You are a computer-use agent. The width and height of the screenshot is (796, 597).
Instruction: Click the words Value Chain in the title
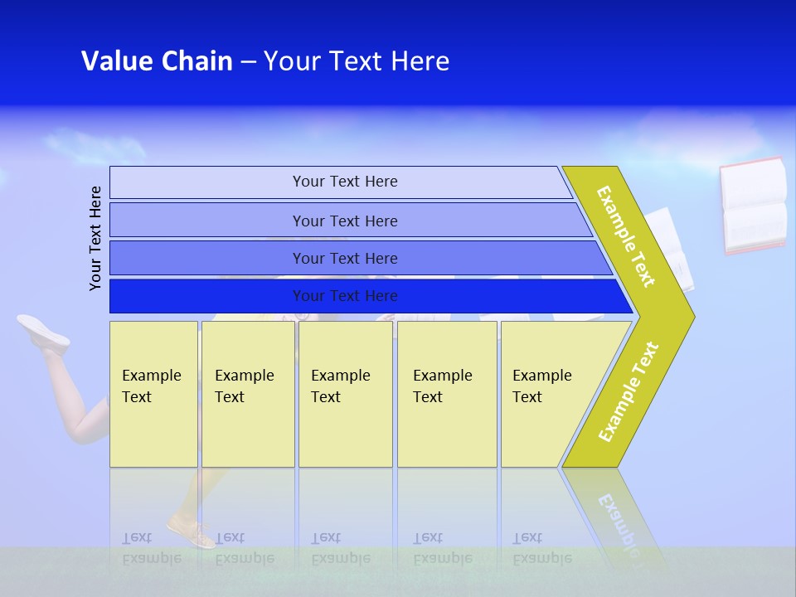pyautogui.click(x=157, y=61)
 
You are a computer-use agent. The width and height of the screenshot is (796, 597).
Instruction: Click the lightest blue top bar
pyautogui.click(x=344, y=182)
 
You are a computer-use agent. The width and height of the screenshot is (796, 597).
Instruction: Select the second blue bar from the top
pyautogui.click(x=344, y=221)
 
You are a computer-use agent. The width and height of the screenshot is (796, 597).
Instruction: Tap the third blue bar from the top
pyautogui.click(x=344, y=258)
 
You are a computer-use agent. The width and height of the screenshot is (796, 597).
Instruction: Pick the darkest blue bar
pyautogui.click(x=344, y=296)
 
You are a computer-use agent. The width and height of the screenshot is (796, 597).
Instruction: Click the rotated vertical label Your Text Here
pyautogui.click(x=95, y=238)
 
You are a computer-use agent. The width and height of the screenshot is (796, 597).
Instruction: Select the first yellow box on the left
pyautogui.click(x=153, y=394)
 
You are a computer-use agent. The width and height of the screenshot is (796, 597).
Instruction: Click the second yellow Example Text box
pyautogui.click(x=247, y=394)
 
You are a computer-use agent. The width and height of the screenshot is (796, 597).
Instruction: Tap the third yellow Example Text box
pyautogui.click(x=345, y=394)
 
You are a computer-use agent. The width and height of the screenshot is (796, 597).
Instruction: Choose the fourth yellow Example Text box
pyautogui.click(x=446, y=394)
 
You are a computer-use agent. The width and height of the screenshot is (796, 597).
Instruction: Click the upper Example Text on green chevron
pyautogui.click(x=627, y=236)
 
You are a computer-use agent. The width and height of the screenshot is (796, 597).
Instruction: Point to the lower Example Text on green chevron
pyautogui.click(x=629, y=391)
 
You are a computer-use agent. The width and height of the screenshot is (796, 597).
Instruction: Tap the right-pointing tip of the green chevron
pyautogui.click(x=688, y=316)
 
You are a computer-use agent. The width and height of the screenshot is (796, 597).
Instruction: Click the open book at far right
pyautogui.click(x=753, y=205)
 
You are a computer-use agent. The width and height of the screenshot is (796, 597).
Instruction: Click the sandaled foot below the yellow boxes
pyautogui.click(x=191, y=531)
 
